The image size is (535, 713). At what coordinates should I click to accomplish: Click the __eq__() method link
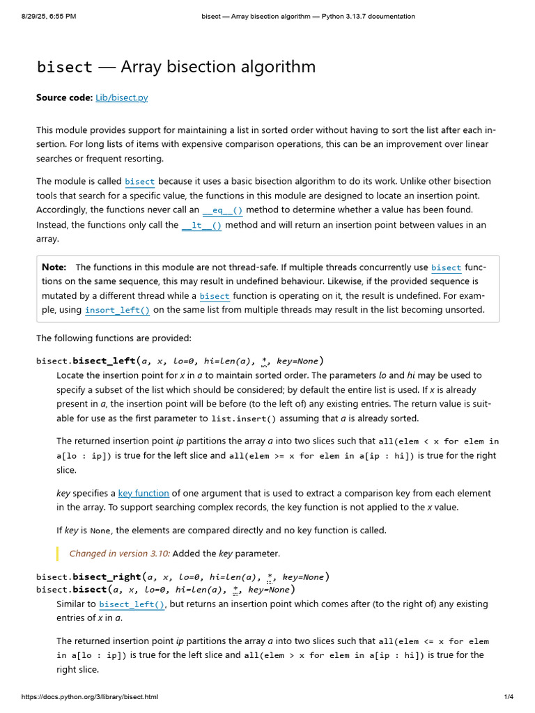[x=223, y=210]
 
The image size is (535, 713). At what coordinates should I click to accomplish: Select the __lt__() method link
[x=201, y=226]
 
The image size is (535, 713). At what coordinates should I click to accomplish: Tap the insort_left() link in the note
[x=117, y=311]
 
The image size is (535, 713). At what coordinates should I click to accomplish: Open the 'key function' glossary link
[x=144, y=493]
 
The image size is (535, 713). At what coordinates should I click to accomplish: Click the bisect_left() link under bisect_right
[x=132, y=604]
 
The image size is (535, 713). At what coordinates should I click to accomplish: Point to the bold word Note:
[x=54, y=267]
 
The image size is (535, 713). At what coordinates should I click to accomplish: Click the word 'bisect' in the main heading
[x=64, y=67]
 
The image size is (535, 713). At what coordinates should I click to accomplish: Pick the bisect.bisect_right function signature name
[x=107, y=577]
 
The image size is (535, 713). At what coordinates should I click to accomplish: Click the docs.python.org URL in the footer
[x=90, y=697]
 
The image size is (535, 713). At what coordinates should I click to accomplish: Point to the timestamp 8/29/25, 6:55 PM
[x=48, y=16]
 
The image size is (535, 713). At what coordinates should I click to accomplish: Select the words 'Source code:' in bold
[x=64, y=98]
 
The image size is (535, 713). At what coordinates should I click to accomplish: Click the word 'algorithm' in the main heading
[x=277, y=67]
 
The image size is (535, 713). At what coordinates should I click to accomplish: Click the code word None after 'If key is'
[x=100, y=531]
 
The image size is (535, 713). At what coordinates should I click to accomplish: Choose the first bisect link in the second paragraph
[x=139, y=182]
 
